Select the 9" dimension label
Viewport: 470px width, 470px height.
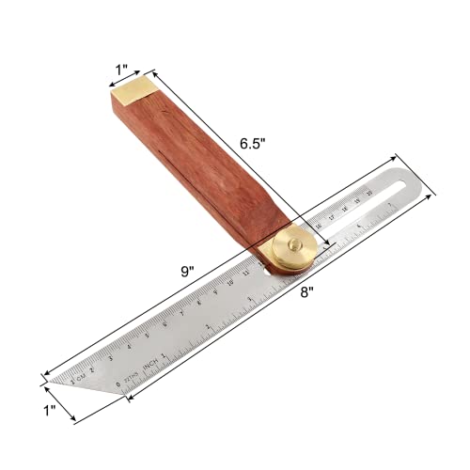point(188,271)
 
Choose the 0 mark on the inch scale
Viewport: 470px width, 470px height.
point(117,384)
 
